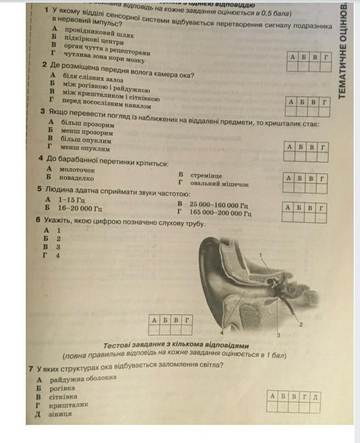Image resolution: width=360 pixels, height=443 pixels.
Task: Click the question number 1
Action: point(47,9)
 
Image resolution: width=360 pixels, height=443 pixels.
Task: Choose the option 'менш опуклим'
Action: point(85,148)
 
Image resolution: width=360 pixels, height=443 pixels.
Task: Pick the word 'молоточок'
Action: point(77,170)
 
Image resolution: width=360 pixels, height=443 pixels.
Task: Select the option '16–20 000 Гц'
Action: point(80,208)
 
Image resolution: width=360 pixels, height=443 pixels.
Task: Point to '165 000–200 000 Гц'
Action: point(220,212)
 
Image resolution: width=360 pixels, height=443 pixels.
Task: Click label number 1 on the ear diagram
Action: point(261,256)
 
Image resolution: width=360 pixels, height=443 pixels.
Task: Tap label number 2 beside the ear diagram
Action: point(300,324)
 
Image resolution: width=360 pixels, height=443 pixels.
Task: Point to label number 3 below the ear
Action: point(278,335)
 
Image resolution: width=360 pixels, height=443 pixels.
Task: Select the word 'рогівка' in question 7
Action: point(62,387)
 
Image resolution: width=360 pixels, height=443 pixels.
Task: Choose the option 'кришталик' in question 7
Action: point(69,405)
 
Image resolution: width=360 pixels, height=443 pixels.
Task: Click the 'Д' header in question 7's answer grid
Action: point(315,396)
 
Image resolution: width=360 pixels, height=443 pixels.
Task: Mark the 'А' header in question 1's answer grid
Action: point(292,57)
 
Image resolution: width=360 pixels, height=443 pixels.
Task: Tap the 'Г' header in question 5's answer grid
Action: point(321,208)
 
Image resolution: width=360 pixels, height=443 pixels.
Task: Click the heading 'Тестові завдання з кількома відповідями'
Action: point(176,345)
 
